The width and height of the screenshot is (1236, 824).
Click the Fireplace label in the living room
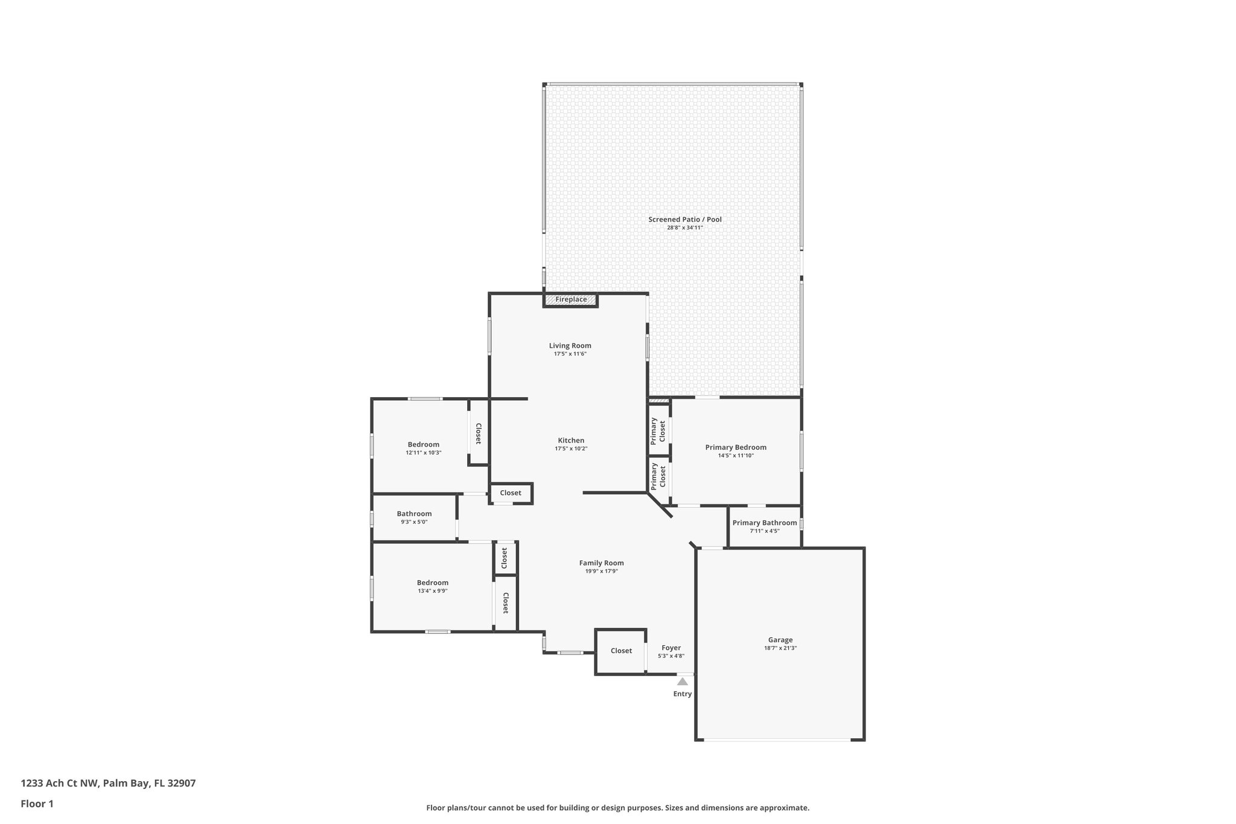(571, 299)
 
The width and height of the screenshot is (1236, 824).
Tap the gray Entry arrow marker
(682, 682)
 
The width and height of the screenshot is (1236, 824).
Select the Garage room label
(780, 640)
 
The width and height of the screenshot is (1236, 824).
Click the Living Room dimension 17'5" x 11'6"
(570, 354)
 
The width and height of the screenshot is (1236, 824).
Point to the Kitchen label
(570, 440)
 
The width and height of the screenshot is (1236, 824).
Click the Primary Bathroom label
(765, 523)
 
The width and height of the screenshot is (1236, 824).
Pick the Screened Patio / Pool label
(684, 220)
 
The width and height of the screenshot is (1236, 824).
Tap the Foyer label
(671, 648)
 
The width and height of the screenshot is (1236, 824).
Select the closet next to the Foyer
(621, 651)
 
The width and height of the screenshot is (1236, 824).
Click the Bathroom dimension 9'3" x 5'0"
(414, 522)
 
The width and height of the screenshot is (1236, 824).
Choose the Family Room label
(601, 563)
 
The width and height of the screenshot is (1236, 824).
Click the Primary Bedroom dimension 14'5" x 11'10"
(736, 456)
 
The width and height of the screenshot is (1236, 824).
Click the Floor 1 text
(37, 803)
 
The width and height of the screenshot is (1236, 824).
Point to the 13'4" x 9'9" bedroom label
(432, 591)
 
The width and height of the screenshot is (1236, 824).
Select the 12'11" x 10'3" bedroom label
(423, 453)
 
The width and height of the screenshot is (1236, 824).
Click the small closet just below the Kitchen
(510, 493)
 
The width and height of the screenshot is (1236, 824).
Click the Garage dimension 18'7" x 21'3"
(780, 648)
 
